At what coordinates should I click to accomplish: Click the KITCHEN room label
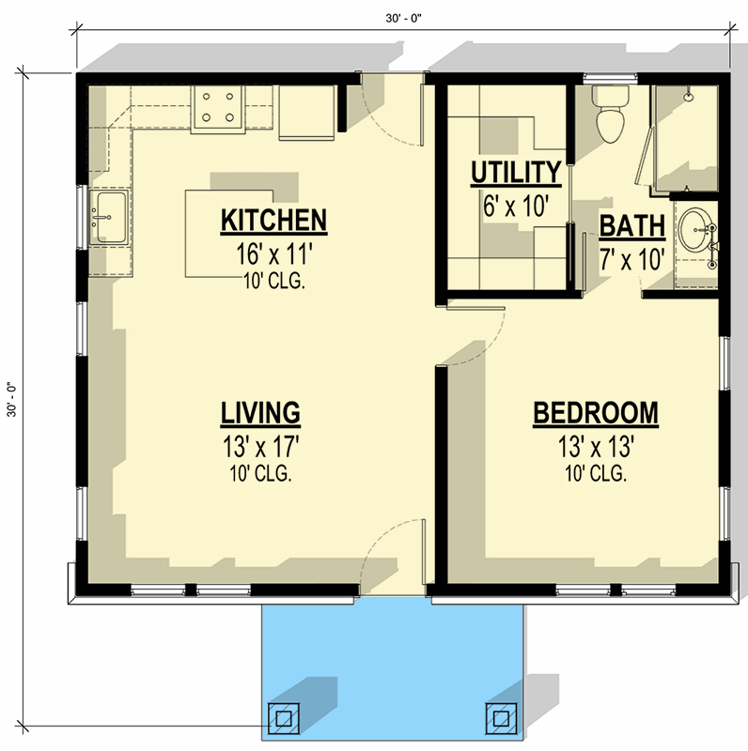(273, 221)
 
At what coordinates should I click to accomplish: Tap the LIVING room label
(260, 412)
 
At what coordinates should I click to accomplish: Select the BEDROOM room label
(595, 413)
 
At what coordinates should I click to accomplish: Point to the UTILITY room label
(515, 173)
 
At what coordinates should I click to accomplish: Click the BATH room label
(632, 226)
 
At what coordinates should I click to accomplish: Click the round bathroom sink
(696, 227)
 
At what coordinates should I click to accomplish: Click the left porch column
(283, 717)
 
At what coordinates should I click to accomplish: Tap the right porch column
(500, 717)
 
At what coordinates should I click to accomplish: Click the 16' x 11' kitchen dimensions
(273, 254)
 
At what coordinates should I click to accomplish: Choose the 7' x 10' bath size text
(632, 258)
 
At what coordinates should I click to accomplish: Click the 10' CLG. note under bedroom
(595, 474)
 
